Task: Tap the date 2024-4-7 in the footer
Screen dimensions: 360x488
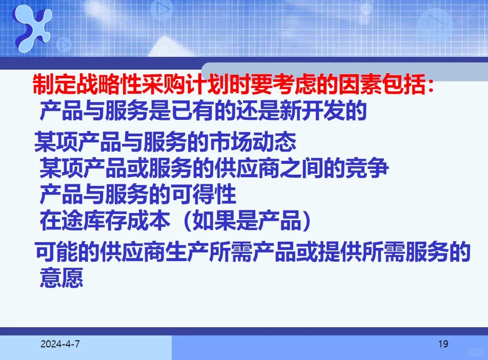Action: coord(60,344)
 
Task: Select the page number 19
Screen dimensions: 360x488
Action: coord(443,344)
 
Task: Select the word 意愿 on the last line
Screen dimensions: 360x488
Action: coord(61,279)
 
